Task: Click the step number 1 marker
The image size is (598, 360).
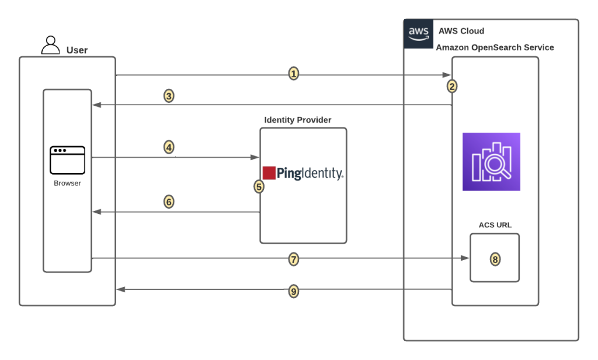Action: (x=294, y=74)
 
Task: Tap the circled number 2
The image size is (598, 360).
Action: (x=452, y=86)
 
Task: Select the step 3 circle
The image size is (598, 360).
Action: (x=169, y=96)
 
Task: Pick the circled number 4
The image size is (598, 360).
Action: (x=169, y=147)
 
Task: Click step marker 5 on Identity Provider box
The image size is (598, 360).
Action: (x=259, y=186)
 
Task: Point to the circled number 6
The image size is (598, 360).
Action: (x=169, y=202)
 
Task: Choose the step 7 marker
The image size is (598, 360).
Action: (x=294, y=259)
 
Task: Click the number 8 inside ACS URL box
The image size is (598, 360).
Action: (x=495, y=259)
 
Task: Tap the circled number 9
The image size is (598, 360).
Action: (x=294, y=290)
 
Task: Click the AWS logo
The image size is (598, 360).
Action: (x=419, y=34)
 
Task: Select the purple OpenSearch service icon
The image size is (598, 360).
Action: (x=491, y=162)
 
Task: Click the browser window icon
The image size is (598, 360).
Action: (x=67, y=160)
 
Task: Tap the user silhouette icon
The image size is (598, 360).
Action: (x=51, y=45)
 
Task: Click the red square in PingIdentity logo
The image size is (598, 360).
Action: (x=269, y=173)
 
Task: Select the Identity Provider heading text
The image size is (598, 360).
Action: (x=298, y=120)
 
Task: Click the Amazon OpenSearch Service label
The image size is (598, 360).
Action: (x=495, y=47)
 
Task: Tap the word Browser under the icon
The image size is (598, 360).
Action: (x=67, y=183)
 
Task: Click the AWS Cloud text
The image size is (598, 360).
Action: (x=462, y=31)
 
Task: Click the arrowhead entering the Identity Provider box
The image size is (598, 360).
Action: (x=255, y=157)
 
